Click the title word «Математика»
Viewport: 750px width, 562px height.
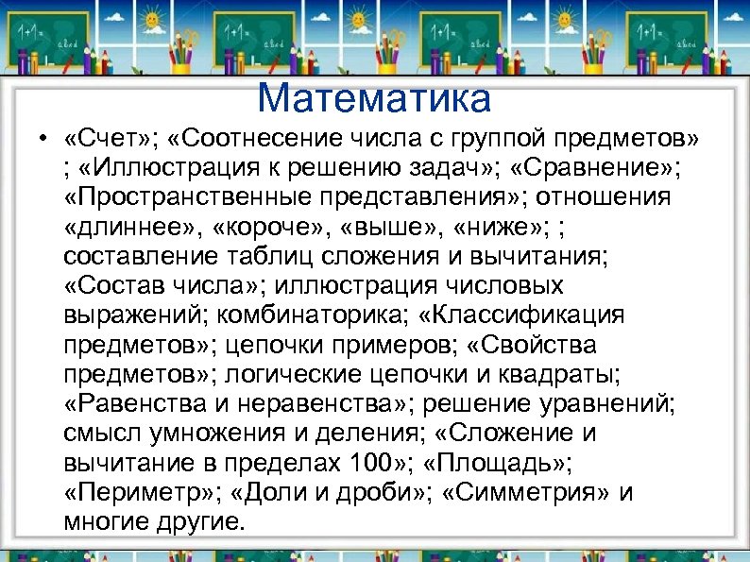(x=374, y=97)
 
